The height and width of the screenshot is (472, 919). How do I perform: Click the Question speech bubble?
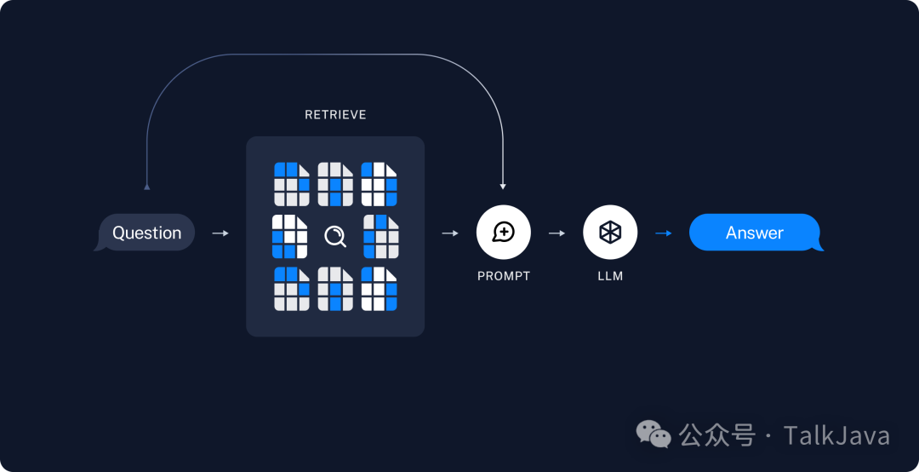point(146,233)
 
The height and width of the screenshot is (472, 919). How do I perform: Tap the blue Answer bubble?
point(755,233)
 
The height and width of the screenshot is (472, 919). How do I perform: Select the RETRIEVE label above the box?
point(335,115)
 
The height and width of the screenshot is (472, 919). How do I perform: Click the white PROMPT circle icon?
point(503,233)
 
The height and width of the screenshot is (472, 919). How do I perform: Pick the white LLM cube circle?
point(610,233)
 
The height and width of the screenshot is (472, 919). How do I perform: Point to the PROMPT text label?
point(503,277)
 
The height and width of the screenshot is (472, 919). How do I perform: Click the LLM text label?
point(610,277)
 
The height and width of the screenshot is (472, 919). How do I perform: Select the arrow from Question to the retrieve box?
point(220,233)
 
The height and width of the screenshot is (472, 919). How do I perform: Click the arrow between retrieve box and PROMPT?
point(450,233)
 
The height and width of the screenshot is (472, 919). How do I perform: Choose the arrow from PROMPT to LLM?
point(557,233)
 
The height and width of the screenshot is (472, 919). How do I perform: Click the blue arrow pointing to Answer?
point(663,233)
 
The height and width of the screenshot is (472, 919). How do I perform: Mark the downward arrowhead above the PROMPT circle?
point(503,185)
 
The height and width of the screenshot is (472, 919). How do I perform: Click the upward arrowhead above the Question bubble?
point(146,185)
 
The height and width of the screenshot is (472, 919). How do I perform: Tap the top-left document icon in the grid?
point(291,183)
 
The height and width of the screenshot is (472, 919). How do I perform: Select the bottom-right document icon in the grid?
point(380,289)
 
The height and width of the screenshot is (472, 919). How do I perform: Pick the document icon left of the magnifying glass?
point(289,236)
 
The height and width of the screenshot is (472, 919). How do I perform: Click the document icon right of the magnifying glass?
point(381,236)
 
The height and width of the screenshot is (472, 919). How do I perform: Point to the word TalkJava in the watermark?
point(836,436)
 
